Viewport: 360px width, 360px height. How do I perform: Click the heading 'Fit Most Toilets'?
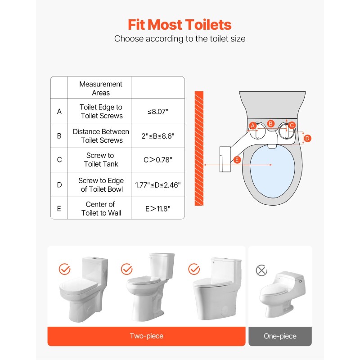[x=180, y=24]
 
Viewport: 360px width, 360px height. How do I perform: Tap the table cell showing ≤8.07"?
[x=158, y=111]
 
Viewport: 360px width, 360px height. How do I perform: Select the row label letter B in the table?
[x=59, y=136]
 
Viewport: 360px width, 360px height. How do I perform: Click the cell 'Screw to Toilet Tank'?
[x=100, y=160]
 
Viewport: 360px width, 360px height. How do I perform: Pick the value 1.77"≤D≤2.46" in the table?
[x=158, y=185]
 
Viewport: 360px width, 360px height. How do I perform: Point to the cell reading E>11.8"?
[x=158, y=209]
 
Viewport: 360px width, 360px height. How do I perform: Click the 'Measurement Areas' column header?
[x=100, y=88]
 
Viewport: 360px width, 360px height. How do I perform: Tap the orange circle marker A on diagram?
[x=252, y=125]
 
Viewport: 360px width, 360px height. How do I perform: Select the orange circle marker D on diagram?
[x=307, y=139]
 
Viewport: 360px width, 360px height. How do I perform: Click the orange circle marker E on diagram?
[x=238, y=160]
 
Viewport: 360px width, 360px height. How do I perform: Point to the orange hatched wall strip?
[x=199, y=148]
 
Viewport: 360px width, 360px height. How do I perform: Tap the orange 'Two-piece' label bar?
[x=146, y=336]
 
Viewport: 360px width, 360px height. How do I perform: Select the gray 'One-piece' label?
[x=280, y=336]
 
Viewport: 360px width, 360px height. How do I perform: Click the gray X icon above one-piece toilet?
[x=261, y=270]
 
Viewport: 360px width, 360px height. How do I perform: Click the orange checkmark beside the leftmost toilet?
[x=65, y=269]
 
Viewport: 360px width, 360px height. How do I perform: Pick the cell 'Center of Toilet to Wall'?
[x=100, y=209]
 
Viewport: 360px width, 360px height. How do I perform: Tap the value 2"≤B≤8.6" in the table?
[x=158, y=136]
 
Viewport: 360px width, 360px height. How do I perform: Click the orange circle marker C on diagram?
[x=292, y=125]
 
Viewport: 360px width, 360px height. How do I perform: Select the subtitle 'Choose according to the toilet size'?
[x=180, y=39]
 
